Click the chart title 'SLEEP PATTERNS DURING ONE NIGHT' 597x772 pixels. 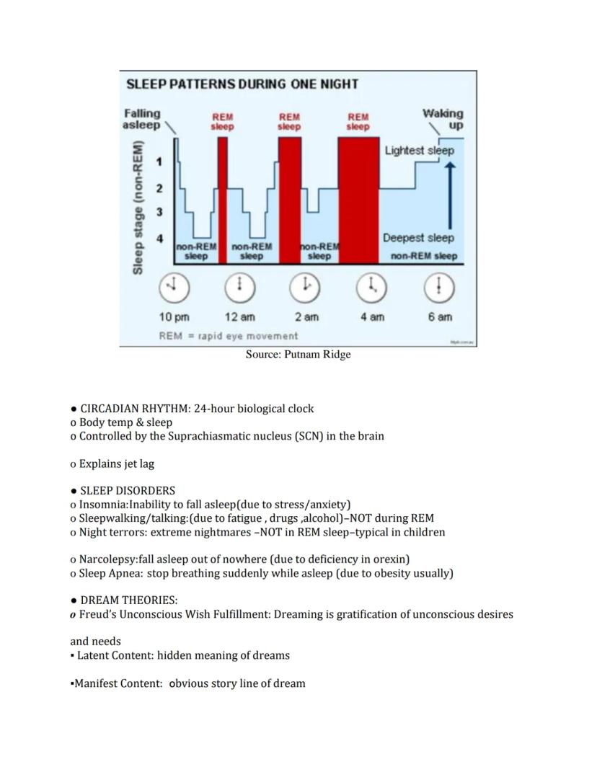(x=242, y=84)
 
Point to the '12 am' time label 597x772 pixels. (x=240, y=317)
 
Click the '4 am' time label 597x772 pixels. (x=372, y=317)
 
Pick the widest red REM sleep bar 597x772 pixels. (x=358, y=199)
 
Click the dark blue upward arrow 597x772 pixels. (x=451, y=195)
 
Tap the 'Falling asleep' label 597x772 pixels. (x=142, y=119)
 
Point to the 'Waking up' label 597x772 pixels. (x=443, y=119)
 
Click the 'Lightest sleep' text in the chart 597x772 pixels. (x=420, y=151)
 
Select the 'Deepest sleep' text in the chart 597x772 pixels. (x=419, y=238)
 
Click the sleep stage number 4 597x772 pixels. (x=160, y=238)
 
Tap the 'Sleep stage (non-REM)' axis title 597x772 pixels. (x=137, y=206)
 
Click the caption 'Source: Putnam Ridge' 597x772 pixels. (x=298, y=355)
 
